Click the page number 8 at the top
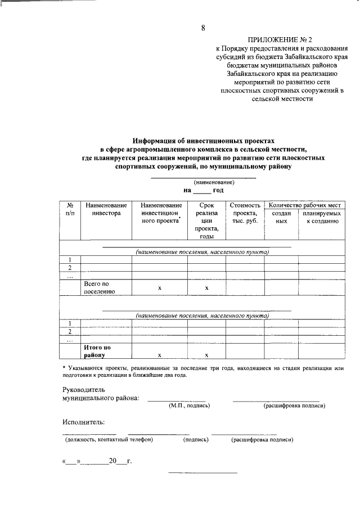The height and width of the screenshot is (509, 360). [x=204, y=29]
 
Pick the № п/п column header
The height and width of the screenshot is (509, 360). [x=70, y=209]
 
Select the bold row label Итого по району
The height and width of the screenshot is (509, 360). [x=97, y=352]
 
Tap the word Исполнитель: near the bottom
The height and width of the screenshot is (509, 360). [x=83, y=422]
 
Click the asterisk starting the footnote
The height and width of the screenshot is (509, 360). [x=64, y=367]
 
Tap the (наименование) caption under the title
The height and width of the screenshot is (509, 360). [x=214, y=183]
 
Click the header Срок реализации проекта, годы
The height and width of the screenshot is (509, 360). [x=206, y=221]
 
